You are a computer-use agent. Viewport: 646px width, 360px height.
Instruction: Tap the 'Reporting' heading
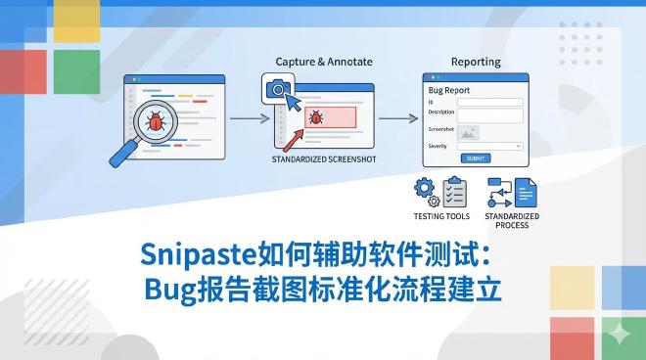pos(476,62)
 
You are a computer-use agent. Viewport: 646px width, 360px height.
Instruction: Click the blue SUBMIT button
pos(475,157)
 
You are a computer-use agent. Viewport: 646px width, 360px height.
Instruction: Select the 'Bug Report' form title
pos(450,90)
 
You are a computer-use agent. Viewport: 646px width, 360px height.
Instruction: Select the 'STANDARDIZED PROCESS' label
pos(511,220)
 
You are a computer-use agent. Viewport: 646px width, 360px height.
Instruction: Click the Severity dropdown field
pos(489,146)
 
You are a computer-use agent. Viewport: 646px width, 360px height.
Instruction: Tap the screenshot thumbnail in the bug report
pos(469,131)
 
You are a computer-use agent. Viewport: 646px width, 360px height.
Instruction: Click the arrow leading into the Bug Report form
pos(393,118)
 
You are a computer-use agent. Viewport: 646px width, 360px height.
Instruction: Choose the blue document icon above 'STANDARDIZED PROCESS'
pos(526,191)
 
